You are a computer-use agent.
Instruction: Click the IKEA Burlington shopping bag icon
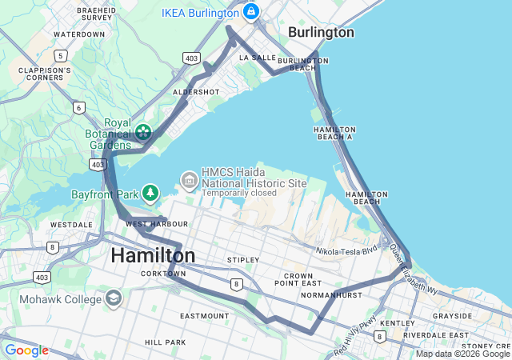point(251,13)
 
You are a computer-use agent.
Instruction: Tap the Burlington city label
point(320,33)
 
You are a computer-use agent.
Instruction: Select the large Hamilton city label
point(153,255)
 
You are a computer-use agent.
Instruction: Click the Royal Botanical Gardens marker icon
point(143,131)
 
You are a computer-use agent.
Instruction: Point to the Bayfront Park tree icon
point(150,193)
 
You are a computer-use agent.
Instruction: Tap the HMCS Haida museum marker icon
point(189,178)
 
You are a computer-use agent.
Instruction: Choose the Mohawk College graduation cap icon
point(114,299)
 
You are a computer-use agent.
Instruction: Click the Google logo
point(26,350)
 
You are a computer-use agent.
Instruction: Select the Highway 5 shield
point(61,55)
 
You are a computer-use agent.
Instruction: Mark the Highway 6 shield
point(78,107)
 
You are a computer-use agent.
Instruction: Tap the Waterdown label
point(78,34)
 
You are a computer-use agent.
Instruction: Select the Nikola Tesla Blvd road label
point(346,250)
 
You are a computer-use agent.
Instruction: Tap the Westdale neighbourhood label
point(70,225)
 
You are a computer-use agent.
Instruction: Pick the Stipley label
point(242,260)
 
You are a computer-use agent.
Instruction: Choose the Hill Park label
point(165,342)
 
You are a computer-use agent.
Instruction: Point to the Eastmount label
point(204,316)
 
